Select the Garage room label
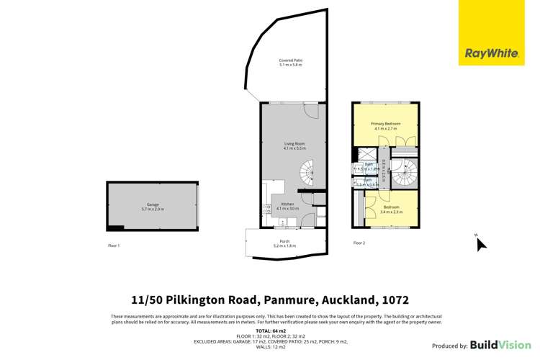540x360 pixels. pos(153,207)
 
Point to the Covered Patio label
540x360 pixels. pos(291,62)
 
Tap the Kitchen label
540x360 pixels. pos(287,206)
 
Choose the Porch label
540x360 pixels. pos(285,243)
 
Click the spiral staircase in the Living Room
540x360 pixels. pos(310,172)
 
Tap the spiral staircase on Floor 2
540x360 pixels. pos(405,171)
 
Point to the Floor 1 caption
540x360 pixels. pos(114,246)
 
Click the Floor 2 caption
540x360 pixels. pos(359,243)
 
